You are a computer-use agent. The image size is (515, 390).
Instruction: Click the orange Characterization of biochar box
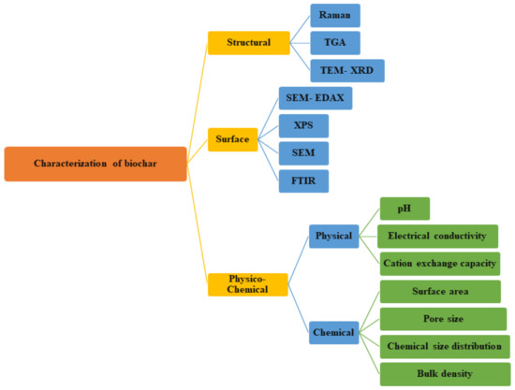96,164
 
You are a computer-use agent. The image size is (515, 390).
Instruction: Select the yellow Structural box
248,42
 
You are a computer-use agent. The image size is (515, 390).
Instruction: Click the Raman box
334,16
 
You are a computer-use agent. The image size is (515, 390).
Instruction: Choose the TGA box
334,42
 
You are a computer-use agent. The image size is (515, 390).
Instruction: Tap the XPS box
304,125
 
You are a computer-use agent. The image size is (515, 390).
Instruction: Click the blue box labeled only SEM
304,152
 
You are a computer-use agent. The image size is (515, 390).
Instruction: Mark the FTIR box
304,179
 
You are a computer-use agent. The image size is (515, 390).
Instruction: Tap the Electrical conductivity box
437,236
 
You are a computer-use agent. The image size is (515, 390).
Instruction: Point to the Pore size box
442,318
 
